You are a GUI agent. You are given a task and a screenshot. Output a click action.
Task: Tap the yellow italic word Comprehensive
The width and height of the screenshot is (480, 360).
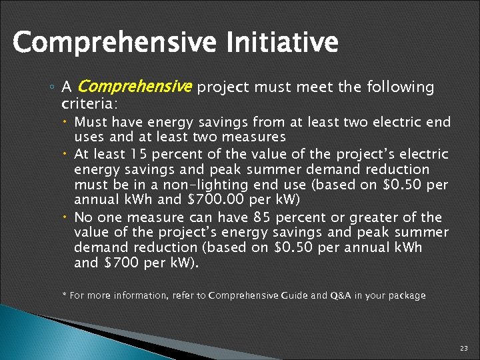[135, 87]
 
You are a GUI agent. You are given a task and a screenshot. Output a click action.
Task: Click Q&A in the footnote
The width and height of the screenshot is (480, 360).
[339, 295]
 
